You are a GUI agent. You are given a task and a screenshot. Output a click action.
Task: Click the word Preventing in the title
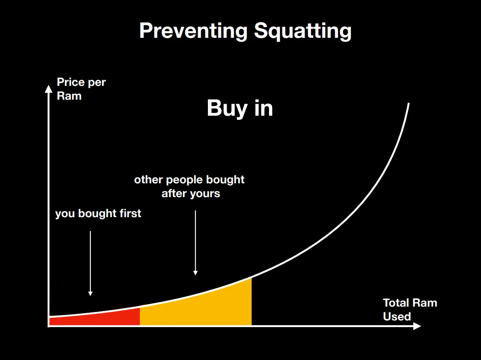click(193, 31)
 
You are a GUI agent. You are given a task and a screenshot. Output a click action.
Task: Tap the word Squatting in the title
click(303, 31)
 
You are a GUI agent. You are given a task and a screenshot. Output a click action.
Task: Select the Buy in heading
click(240, 108)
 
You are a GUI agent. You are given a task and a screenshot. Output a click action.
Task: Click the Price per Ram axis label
click(81, 89)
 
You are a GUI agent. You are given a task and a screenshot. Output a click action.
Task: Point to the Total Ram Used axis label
click(410, 309)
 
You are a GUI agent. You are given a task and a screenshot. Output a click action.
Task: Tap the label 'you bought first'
click(98, 213)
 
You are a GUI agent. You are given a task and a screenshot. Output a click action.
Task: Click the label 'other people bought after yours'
click(189, 186)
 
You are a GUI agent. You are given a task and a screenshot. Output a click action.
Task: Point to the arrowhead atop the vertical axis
click(49, 89)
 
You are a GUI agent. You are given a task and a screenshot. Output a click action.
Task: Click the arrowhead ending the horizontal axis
click(417, 326)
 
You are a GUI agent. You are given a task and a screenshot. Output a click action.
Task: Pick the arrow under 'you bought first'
click(90, 263)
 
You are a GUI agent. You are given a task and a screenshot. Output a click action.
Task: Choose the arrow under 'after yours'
click(196, 243)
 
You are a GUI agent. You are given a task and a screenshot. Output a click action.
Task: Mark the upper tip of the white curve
click(408, 104)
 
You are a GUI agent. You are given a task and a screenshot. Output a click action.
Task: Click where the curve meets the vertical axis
click(49, 316)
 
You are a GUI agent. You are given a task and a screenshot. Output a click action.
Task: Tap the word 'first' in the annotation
click(130, 213)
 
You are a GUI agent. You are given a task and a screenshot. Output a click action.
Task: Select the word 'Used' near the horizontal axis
click(397, 316)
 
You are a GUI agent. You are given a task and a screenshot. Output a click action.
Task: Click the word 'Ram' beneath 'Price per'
click(69, 96)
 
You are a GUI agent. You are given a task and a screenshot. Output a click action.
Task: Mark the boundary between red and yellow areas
click(140, 316)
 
